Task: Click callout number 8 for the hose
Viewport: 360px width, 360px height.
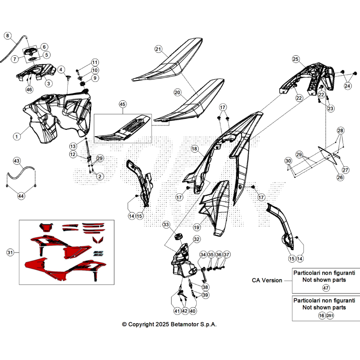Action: (8, 35)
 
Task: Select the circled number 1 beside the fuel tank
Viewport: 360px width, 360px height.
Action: (16, 137)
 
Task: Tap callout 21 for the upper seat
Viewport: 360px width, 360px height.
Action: (158, 49)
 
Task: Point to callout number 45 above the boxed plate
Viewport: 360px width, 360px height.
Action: (123, 105)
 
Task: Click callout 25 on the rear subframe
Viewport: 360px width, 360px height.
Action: (296, 59)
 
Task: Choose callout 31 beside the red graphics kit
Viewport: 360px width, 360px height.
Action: (10, 252)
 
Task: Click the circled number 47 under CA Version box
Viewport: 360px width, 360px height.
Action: (326, 288)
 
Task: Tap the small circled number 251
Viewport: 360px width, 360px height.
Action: (330, 316)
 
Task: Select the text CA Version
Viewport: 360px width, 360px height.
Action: (267, 281)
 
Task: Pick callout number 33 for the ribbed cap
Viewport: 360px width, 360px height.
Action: (166, 224)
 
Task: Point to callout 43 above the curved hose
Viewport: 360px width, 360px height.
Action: (17, 161)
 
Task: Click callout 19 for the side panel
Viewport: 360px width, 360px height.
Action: (197, 227)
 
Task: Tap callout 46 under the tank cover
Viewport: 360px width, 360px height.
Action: (29, 89)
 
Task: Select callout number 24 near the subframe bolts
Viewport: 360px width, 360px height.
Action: (347, 86)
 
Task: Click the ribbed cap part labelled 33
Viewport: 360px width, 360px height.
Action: (178, 236)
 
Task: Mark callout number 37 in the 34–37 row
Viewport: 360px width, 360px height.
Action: (227, 255)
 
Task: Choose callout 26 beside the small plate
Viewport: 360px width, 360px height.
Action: (340, 177)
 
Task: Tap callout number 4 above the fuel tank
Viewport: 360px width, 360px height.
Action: (61, 69)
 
